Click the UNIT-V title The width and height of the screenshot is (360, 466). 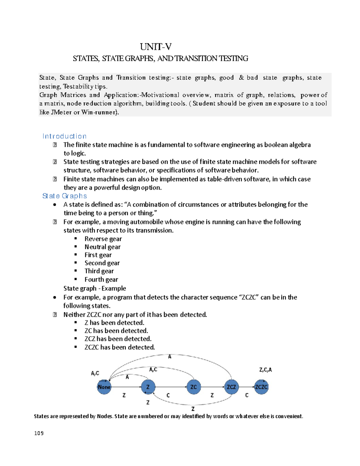tap(155, 47)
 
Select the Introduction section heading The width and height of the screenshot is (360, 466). tap(64, 136)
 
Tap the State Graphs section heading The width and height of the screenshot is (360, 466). tap(64, 196)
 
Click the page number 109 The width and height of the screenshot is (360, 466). tap(39, 433)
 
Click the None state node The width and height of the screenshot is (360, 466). tap(104, 387)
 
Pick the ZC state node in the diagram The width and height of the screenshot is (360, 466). tap(193, 387)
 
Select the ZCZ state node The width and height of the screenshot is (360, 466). tap(231, 387)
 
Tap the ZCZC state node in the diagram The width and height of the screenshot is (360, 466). tap(261, 387)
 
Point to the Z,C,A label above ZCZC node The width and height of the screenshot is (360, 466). tap(265, 370)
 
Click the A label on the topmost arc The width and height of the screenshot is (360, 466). tap(170, 357)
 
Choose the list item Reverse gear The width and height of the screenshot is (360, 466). tap(103, 239)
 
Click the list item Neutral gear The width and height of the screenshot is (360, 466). tap(102, 247)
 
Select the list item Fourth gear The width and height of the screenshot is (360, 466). tap(101, 279)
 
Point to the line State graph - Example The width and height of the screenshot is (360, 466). tap(94, 288)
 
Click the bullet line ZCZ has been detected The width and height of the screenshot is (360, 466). tap(118, 339)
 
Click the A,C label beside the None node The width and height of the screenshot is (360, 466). tap(95, 373)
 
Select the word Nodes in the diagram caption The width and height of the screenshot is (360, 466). tap(105, 416)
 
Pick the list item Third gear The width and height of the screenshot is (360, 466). tap(99, 271)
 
